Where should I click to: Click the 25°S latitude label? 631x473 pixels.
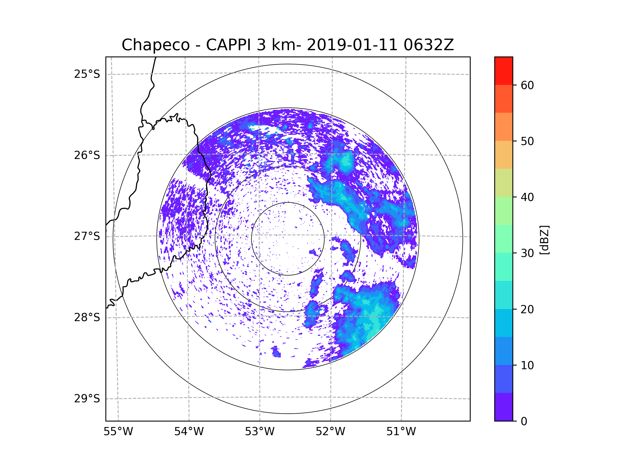click(x=87, y=74)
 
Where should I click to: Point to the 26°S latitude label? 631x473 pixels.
click(x=87, y=155)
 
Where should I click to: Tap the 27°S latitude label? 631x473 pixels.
click(x=87, y=236)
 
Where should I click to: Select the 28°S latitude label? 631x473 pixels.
click(x=87, y=317)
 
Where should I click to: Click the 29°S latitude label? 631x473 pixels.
click(x=87, y=399)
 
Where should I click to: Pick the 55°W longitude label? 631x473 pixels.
click(x=118, y=432)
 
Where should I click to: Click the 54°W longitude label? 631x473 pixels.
click(x=189, y=432)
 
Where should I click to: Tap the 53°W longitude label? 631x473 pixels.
click(x=259, y=432)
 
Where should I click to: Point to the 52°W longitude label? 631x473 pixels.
click(x=330, y=432)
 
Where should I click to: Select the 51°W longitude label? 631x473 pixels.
click(x=401, y=432)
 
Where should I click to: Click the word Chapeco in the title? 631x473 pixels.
click(x=156, y=45)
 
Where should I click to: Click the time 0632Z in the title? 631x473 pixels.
click(x=429, y=45)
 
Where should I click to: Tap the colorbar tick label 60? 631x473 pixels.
click(x=527, y=85)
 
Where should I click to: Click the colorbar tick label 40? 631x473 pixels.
click(x=527, y=197)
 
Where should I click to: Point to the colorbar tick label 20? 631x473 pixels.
click(x=527, y=309)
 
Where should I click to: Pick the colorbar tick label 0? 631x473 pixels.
click(x=524, y=421)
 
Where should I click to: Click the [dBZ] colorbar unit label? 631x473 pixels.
click(x=544, y=240)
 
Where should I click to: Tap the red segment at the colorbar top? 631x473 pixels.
click(x=503, y=71)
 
